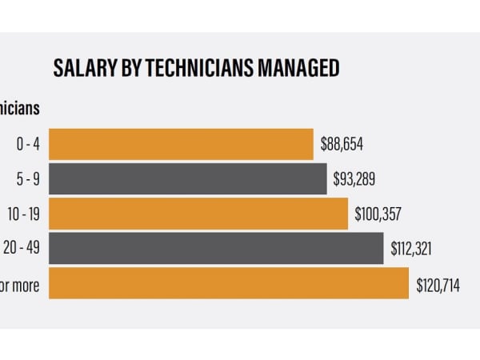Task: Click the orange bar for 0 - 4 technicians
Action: click(x=181, y=144)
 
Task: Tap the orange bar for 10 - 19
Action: click(x=198, y=214)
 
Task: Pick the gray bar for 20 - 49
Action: click(x=216, y=248)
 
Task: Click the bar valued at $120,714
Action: click(x=229, y=283)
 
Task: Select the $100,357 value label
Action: click(x=378, y=214)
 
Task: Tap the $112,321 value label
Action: click(x=411, y=249)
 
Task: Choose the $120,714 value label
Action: click(x=438, y=284)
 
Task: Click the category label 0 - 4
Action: click(x=28, y=145)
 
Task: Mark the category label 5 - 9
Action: click(x=28, y=179)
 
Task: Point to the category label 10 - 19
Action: click(x=25, y=214)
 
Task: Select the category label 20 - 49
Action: click(x=22, y=249)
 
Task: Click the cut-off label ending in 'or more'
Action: click(x=19, y=284)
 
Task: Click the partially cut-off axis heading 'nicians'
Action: click(x=19, y=107)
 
